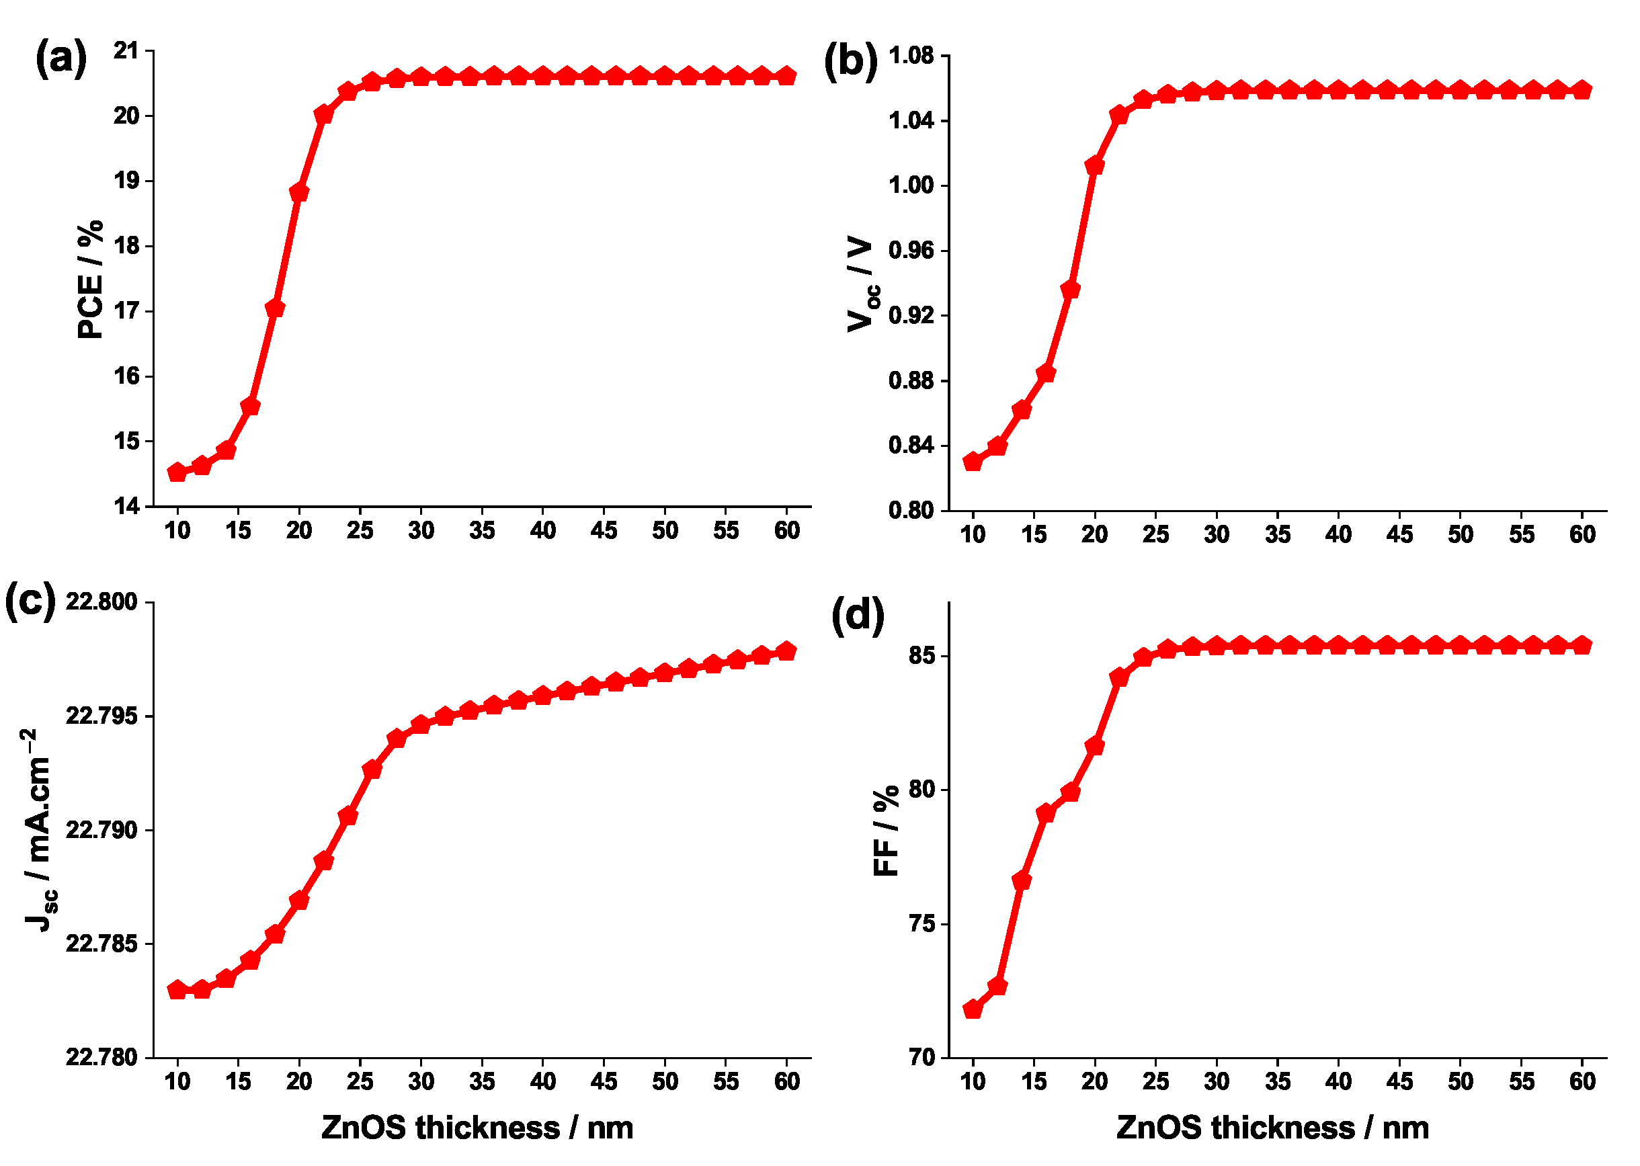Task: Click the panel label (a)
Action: (x=61, y=59)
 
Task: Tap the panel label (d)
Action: (x=858, y=616)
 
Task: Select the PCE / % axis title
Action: (x=91, y=280)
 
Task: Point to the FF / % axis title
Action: (x=886, y=831)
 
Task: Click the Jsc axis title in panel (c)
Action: (x=40, y=830)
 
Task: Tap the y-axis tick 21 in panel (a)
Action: (x=126, y=51)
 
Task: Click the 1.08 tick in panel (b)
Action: (x=911, y=55)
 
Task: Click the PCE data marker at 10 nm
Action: (x=177, y=472)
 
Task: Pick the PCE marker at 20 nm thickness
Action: (x=299, y=192)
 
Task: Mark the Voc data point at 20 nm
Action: (x=1094, y=166)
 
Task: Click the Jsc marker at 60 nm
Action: (x=786, y=651)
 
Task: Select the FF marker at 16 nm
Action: (x=1045, y=813)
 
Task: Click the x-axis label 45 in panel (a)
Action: (x=604, y=531)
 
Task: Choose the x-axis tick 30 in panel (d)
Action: (x=1217, y=1081)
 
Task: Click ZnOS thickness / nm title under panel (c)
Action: (x=477, y=1128)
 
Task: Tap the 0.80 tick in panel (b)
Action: (x=911, y=511)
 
